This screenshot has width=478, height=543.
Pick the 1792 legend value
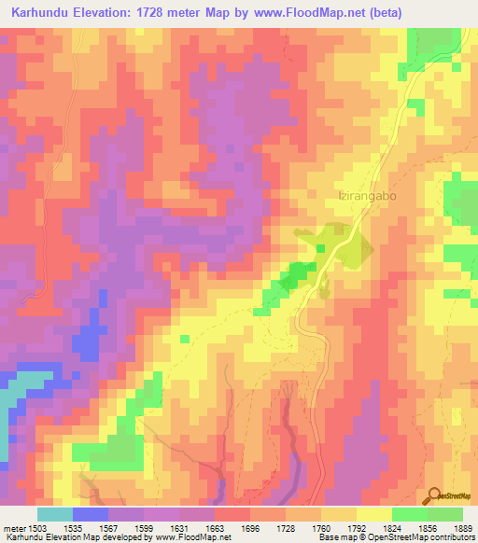pos(339,527)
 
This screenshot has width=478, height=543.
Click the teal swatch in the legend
pos(55,514)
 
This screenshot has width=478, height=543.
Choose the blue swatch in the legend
pos(91,514)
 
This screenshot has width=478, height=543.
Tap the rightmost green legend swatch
pos(445,514)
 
